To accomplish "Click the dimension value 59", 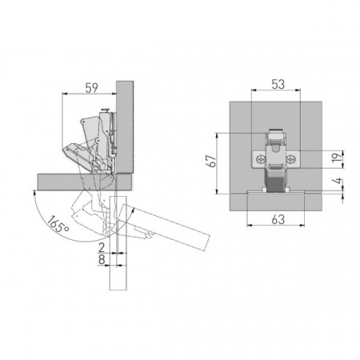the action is point(92,88).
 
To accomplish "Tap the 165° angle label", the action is point(58,224).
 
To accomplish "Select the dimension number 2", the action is point(102,248).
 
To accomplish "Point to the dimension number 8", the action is point(102,259).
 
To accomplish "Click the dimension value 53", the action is point(278,84).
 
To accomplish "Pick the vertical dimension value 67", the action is point(212,161).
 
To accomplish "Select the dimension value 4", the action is point(338,181).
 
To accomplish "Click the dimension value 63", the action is point(278,219).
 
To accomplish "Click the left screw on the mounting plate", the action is point(260,159).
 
